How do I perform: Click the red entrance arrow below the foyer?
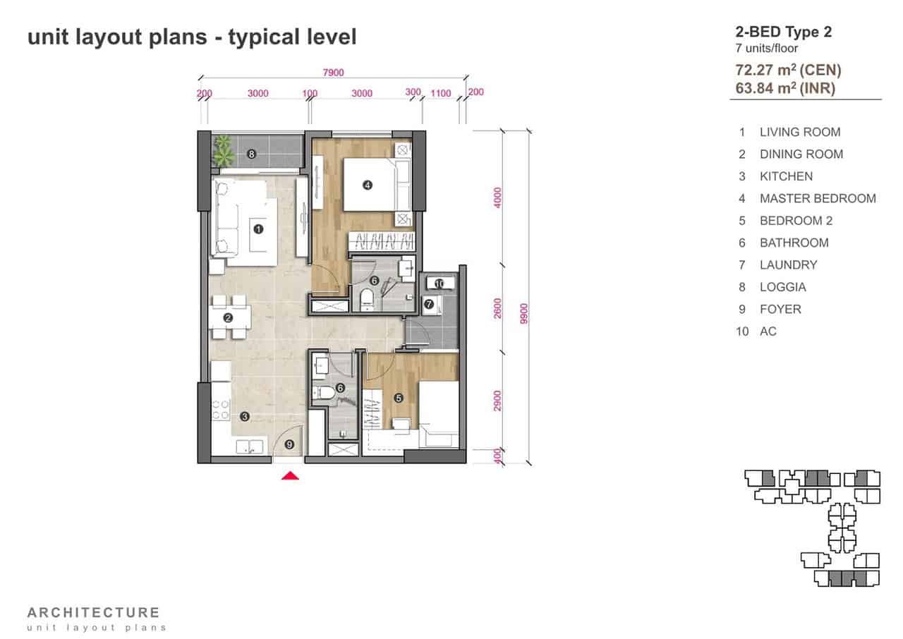tap(290, 476)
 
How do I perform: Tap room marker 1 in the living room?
tap(258, 229)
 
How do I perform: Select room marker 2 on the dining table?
tap(228, 318)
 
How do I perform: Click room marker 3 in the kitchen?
tap(245, 417)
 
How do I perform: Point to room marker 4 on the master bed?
tap(368, 185)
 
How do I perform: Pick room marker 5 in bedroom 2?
tap(399, 398)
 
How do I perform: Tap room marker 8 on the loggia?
tap(251, 154)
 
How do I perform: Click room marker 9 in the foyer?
tap(289, 445)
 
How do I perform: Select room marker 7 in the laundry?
tap(429, 304)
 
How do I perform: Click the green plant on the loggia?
tap(223, 150)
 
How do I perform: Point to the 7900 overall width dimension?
tap(334, 73)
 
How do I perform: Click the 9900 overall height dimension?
tap(523, 314)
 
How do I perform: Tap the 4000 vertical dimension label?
tap(498, 197)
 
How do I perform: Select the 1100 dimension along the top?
tap(441, 94)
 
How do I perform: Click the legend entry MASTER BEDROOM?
tap(818, 199)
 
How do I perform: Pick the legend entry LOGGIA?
tap(783, 287)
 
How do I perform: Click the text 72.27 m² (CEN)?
tap(788, 70)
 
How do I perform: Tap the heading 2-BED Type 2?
tap(784, 32)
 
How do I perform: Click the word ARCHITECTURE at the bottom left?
tap(94, 613)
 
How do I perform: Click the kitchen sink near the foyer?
tap(250, 446)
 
